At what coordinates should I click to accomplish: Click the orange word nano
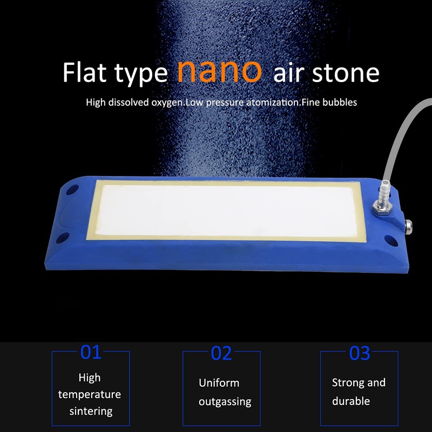219,71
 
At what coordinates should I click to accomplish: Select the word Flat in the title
85,73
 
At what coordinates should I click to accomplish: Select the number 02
221,353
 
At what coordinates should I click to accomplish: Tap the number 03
360,353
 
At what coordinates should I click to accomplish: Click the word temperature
90,394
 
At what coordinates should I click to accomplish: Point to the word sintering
91,411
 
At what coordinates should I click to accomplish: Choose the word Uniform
219,383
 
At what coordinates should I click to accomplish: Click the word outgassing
225,402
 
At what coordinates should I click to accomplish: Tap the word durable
351,401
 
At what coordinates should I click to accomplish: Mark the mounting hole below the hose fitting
390,238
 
